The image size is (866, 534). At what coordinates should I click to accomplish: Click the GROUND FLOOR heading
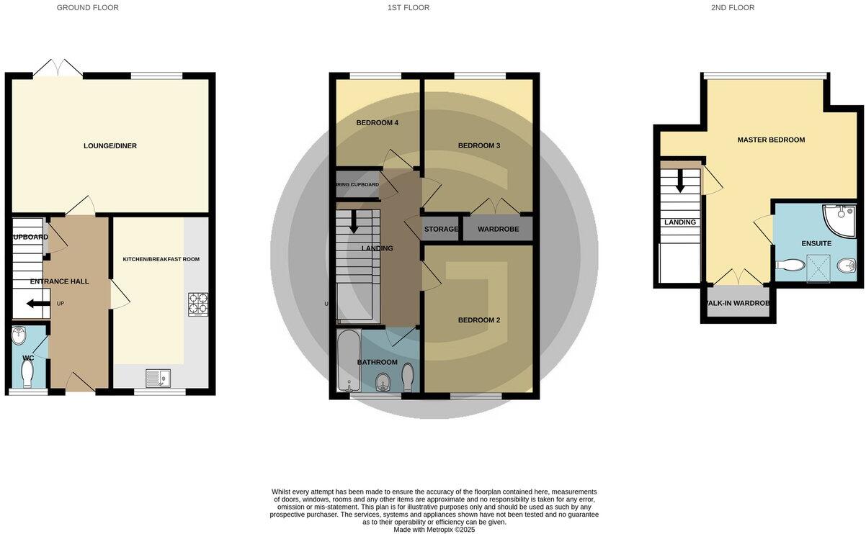pos(87,8)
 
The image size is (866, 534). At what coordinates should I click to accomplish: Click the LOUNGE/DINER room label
pos(110,146)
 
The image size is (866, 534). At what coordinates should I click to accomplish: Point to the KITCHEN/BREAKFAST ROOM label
pos(161,259)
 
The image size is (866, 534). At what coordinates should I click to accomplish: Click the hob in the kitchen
pos(198,304)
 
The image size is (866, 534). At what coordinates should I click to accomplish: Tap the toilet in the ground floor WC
pos(28,373)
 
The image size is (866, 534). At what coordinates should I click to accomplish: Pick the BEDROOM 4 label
pos(377,123)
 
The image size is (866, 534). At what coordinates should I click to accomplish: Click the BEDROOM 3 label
pos(478,146)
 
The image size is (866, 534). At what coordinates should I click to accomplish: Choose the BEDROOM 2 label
pos(478,320)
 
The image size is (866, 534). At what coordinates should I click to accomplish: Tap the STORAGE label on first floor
pos(441,230)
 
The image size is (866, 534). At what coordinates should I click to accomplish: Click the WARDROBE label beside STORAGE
pos(498,230)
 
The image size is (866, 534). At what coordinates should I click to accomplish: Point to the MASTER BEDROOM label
pos(771,140)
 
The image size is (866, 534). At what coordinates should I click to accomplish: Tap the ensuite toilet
pos(790,265)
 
